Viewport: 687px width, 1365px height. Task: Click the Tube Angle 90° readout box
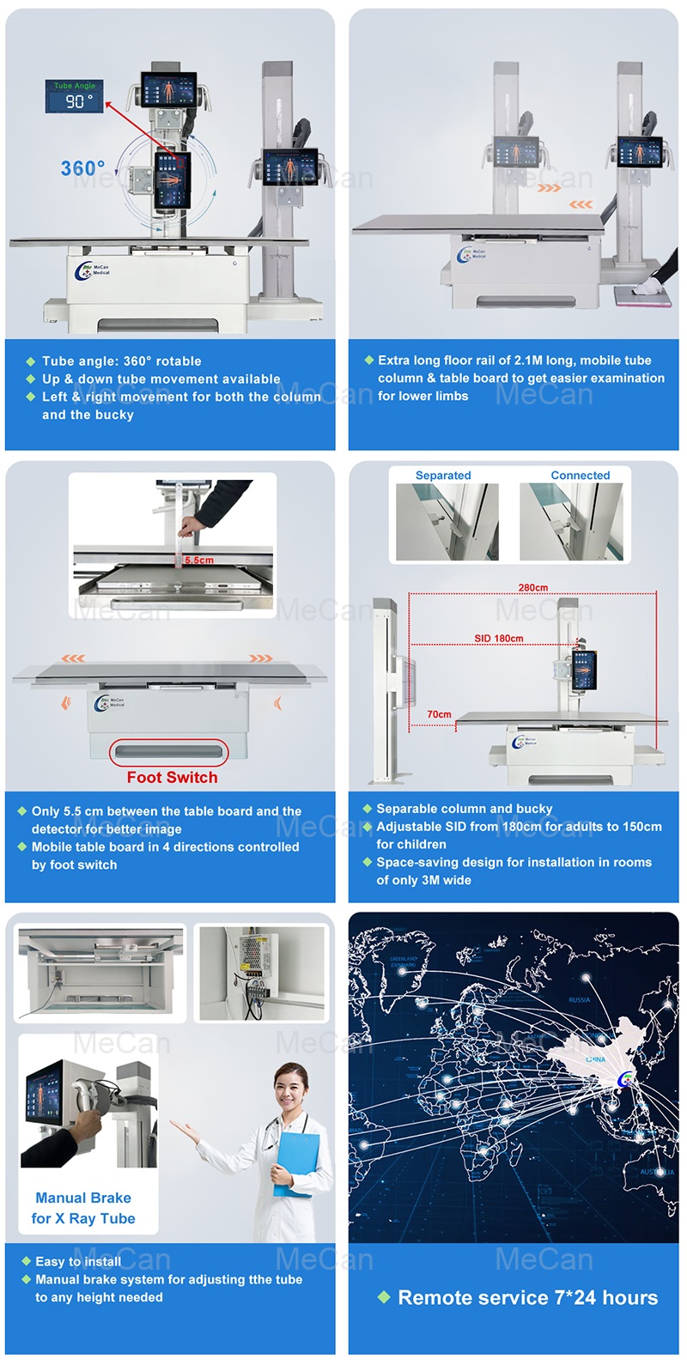pyautogui.click(x=75, y=97)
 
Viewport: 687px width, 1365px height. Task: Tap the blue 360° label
pyautogui.click(x=82, y=168)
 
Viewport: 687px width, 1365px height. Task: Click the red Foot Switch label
pyautogui.click(x=172, y=777)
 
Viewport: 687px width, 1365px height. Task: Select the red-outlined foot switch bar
pyautogui.click(x=169, y=752)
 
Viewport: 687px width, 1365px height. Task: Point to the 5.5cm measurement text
pyautogui.click(x=199, y=561)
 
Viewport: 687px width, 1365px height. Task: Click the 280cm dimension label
pyautogui.click(x=532, y=588)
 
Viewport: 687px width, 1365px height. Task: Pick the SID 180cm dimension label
pyautogui.click(x=498, y=639)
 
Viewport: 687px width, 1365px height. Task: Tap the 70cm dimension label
pyautogui.click(x=439, y=714)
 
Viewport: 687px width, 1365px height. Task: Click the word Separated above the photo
pyautogui.click(x=443, y=476)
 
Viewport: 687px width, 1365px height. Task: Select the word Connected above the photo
pyautogui.click(x=581, y=476)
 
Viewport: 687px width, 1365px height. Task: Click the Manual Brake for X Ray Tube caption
pyautogui.click(x=83, y=1208)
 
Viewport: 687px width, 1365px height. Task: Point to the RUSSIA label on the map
pyautogui.click(x=580, y=1000)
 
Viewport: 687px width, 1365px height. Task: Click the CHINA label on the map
pyautogui.click(x=595, y=1059)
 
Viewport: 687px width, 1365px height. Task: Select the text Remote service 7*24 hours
pyautogui.click(x=527, y=1297)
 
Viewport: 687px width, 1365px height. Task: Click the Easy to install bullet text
pyautogui.click(x=77, y=1261)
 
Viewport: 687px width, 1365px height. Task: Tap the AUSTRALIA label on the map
pyautogui.click(x=657, y=1172)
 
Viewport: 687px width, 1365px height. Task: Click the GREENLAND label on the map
pyautogui.click(x=403, y=960)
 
